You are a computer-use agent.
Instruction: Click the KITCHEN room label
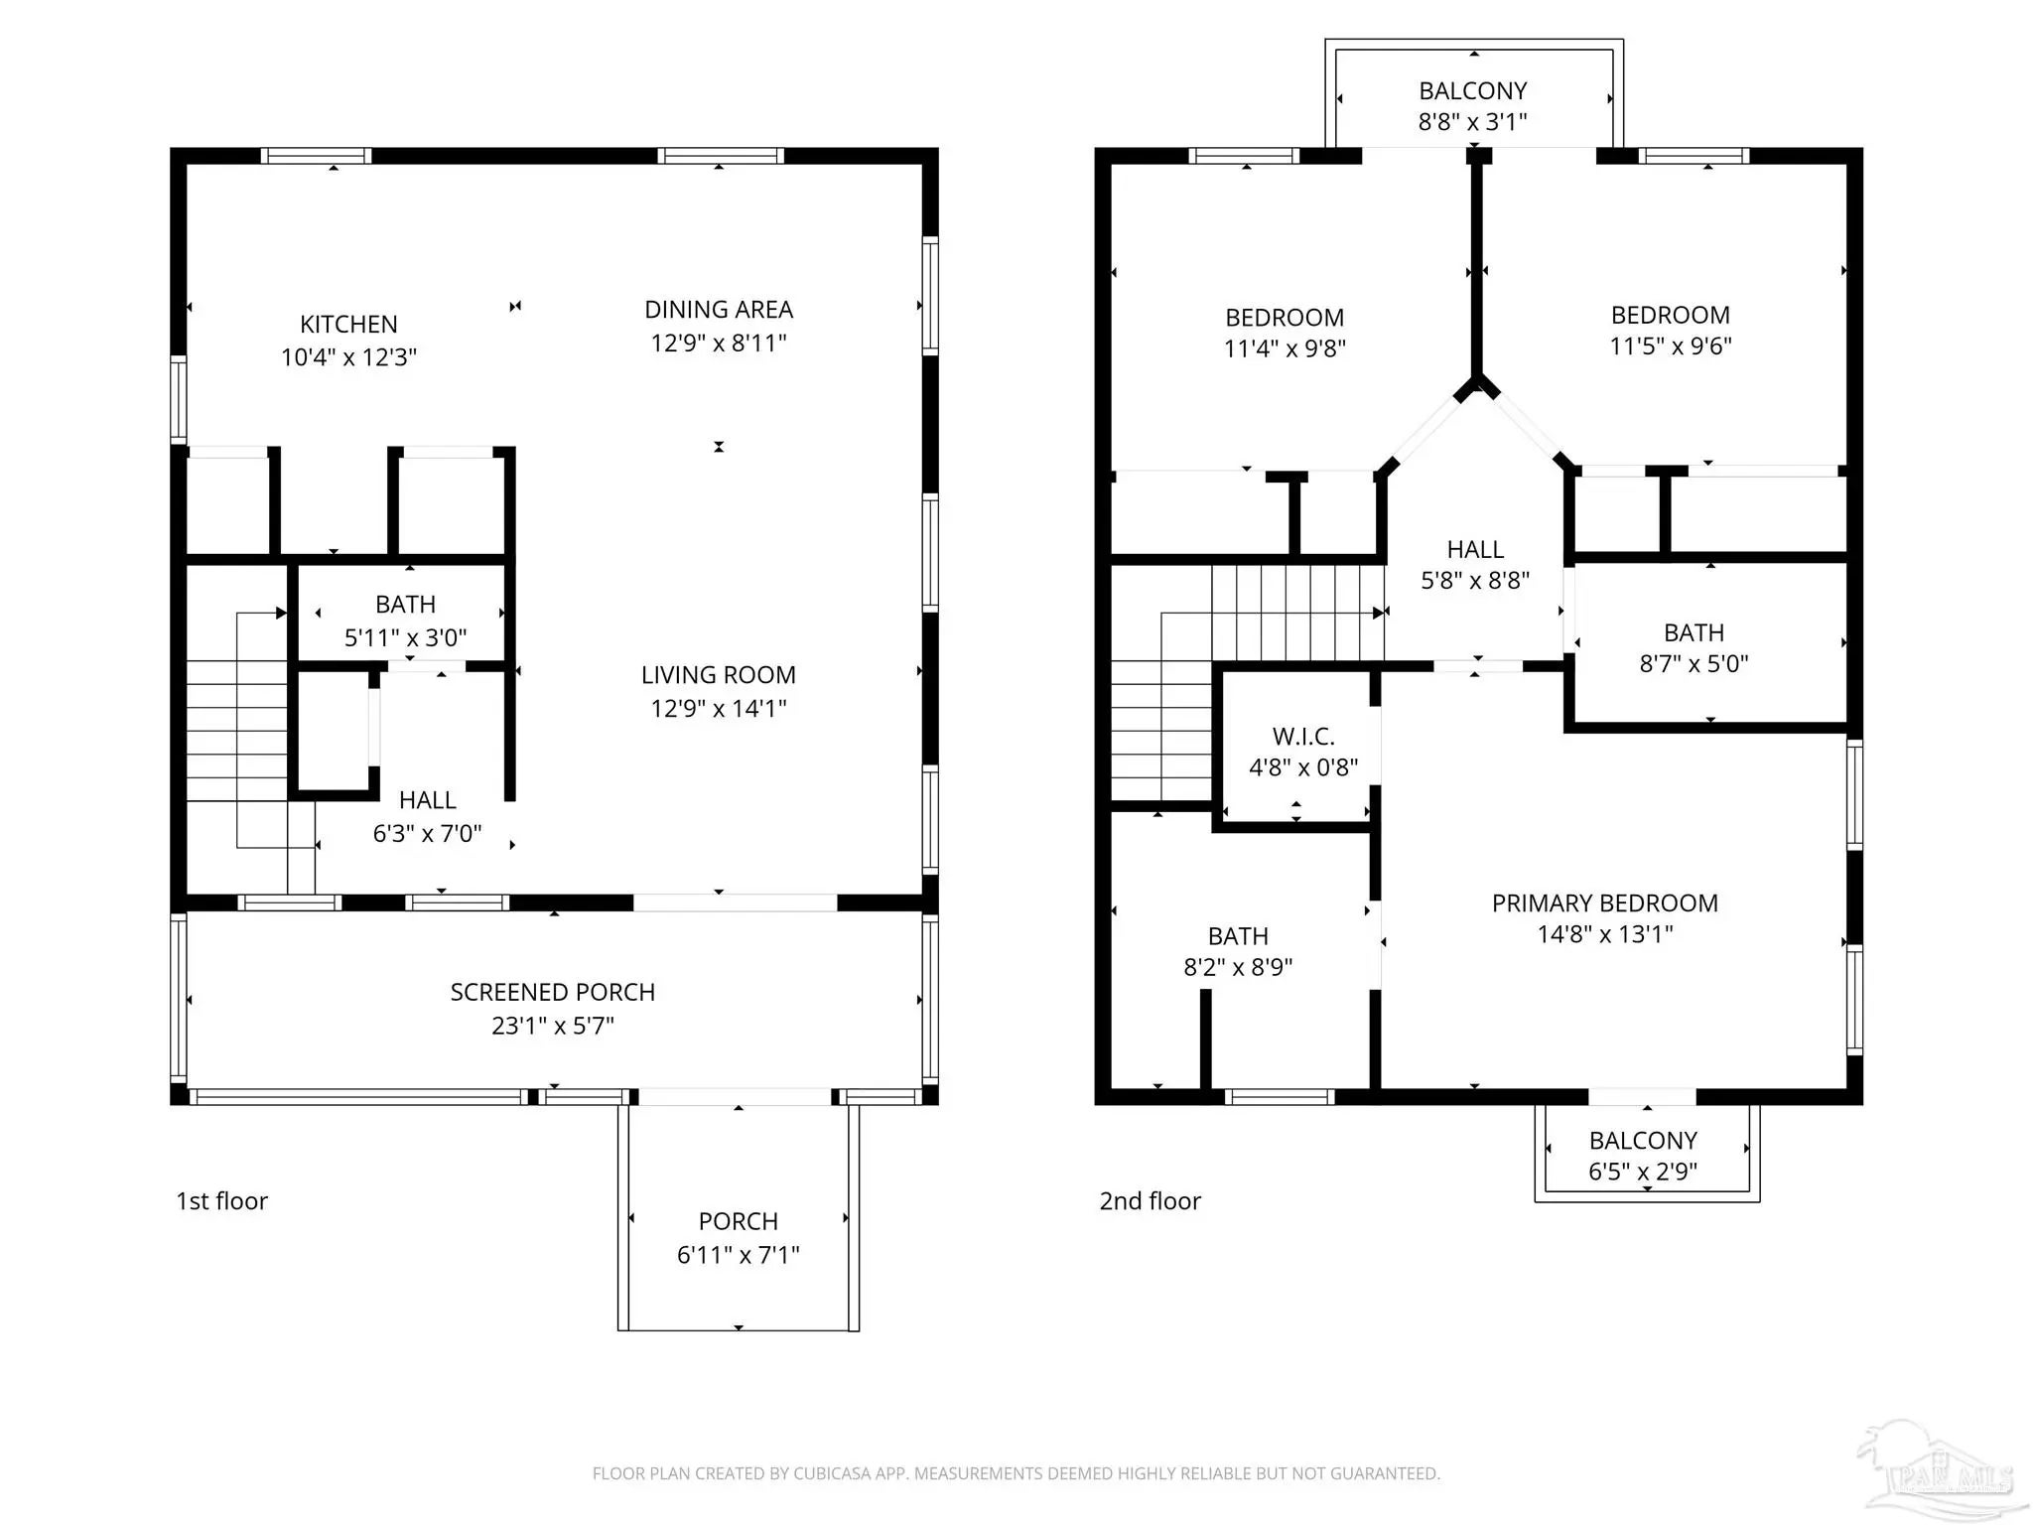point(348,325)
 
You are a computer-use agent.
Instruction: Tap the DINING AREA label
point(719,310)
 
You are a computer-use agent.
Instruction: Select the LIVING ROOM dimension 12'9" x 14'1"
point(719,708)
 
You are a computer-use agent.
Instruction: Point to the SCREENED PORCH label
point(553,992)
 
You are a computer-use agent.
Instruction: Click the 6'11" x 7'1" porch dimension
point(739,1255)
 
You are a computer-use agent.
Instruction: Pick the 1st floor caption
point(221,1201)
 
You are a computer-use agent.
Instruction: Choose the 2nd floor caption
point(1150,1201)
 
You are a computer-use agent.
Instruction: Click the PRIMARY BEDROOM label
point(1605,903)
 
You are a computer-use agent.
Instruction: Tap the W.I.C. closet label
point(1303,737)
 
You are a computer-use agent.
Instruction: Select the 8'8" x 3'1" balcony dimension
point(1473,122)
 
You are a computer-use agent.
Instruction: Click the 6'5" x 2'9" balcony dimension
point(1643,1172)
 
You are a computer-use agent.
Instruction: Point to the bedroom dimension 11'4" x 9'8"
point(1285,348)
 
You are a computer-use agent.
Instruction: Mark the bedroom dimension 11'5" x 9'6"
point(1671,347)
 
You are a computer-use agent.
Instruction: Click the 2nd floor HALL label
point(1475,550)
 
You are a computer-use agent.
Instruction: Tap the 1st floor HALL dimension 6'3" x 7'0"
point(428,833)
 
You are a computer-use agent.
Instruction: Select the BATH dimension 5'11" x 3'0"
point(406,637)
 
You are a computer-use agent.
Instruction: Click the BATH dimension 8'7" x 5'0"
point(1694,663)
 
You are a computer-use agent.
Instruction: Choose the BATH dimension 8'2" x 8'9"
point(1238,967)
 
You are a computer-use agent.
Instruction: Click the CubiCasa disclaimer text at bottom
point(1016,1473)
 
